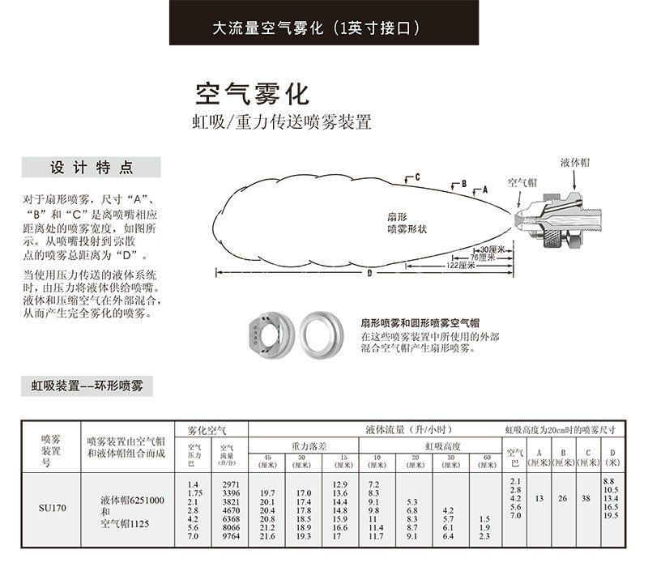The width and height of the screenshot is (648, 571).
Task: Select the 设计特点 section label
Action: [92, 168]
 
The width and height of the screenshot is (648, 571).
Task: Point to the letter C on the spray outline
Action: [416, 176]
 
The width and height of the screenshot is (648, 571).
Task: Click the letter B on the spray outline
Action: [464, 184]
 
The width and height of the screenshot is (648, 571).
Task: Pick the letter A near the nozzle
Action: [484, 188]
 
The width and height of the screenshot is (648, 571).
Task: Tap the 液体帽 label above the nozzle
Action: [574, 162]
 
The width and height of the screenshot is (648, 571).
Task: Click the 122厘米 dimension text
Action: [461, 266]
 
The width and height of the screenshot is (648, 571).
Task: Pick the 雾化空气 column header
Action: [207, 429]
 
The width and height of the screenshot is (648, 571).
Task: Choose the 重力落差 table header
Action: [307, 446]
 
